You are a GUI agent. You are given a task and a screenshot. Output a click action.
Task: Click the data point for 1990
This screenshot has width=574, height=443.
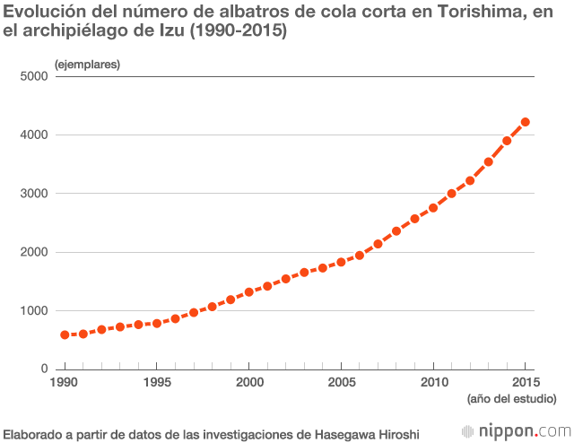click(x=65, y=334)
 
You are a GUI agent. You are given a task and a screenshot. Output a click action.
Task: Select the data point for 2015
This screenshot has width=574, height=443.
click(x=526, y=122)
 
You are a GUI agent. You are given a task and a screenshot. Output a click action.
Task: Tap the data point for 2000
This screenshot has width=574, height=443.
click(x=249, y=292)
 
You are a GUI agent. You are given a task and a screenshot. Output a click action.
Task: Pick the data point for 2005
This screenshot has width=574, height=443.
click(x=341, y=262)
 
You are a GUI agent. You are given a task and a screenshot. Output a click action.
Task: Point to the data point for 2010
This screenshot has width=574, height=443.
click(x=433, y=207)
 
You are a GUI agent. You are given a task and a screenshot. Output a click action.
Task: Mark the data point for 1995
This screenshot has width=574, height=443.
click(x=157, y=323)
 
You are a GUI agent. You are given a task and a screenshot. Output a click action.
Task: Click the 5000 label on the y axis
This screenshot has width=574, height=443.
click(x=34, y=76)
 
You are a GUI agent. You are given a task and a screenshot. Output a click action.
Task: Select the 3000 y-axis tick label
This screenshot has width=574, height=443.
click(x=34, y=194)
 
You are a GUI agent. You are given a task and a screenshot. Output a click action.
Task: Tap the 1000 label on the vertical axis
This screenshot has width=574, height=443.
click(x=34, y=311)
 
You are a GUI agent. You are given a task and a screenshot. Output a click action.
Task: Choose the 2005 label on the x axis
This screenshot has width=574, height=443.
click(x=341, y=383)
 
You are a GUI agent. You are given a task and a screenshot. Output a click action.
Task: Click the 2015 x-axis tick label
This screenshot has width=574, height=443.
click(x=525, y=383)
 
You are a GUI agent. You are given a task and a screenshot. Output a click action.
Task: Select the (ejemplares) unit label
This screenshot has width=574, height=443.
click(x=87, y=65)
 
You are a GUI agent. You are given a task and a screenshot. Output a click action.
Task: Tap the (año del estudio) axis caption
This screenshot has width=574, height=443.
click(x=512, y=399)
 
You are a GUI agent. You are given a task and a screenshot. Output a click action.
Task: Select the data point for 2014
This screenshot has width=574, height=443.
click(x=507, y=141)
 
